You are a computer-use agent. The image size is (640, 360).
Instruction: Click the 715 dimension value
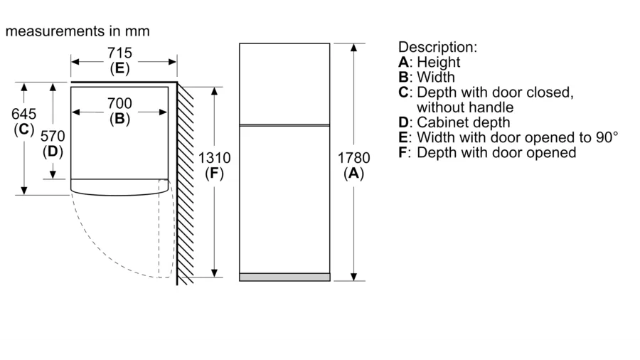click(119, 53)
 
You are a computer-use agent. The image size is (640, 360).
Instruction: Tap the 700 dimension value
click(119, 104)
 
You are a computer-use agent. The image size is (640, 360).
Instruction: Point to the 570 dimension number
click(53, 136)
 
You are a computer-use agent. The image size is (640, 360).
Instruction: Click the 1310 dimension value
click(214, 158)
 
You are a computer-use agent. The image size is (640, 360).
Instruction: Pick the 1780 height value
click(353, 158)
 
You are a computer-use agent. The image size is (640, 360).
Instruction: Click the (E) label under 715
click(119, 68)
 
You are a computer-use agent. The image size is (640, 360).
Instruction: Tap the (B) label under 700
click(119, 119)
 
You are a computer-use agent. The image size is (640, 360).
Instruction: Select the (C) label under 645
click(24, 129)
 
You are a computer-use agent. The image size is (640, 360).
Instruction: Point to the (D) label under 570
click(53, 151)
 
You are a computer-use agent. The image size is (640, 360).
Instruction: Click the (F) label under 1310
click(214, 173)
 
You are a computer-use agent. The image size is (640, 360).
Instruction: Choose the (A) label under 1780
click(353, 173)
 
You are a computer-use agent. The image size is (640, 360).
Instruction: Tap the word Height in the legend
click(438, 62)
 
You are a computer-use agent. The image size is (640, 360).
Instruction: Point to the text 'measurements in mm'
click(78, 31)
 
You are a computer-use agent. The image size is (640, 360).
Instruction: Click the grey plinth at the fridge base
click(284, 277)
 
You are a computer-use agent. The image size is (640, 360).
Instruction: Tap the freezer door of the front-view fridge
click(284, 83)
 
